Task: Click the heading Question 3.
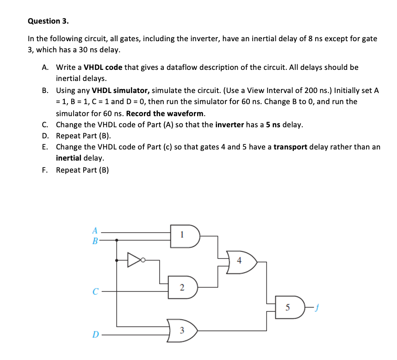pyautogui.click(x=48, y=21)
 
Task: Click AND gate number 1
pyautogui.click(x=184, y=236)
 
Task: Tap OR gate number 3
pyautogui.click(x=183, y=330)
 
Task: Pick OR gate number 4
pyautogui.click(x=241, y=261)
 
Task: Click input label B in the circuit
pyautogui.click(x=94, y=240)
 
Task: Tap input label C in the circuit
pyautogui.click(x=95, y=292)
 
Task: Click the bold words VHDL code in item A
pyautogui.click(x=103, y=67)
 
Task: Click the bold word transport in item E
pyautogui.click(x=291, y=147)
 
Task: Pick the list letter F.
pyautogui.click(x=45, y=170)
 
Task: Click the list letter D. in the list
pyautogui.click(x=45, y=136)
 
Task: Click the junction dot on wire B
pyautogui.click(x=117, y=240)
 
